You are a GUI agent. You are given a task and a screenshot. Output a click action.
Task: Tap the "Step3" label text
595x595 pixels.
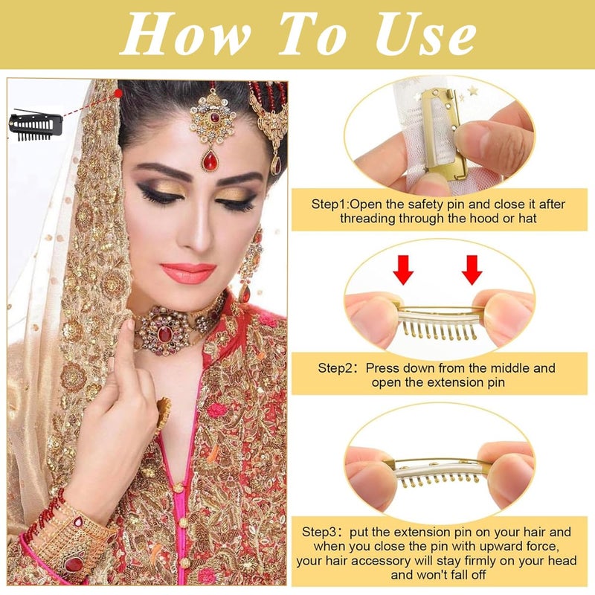click(327, 532)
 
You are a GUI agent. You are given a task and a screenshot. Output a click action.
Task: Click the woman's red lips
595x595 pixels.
click(187, 273)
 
